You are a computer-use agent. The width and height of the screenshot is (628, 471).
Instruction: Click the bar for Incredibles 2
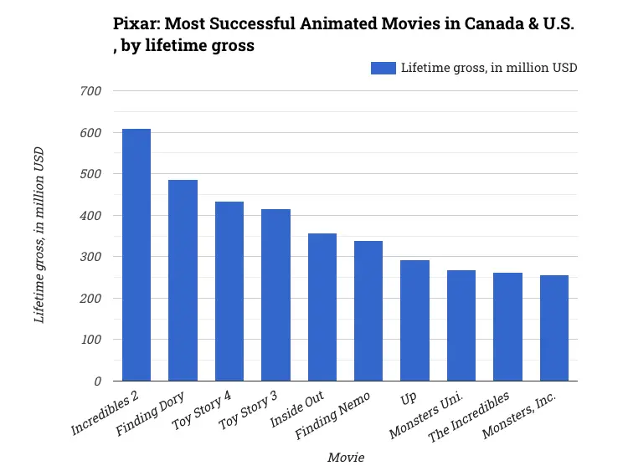[x=136, y=255]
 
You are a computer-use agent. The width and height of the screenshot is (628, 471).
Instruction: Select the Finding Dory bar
[x=183, y=280]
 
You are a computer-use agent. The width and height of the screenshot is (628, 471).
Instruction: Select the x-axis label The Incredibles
[x=469, y=416]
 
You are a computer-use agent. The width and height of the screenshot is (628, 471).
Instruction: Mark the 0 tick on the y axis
[x=97, y=381]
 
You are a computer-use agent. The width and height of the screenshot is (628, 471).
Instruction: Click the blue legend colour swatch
[x=383, y=68]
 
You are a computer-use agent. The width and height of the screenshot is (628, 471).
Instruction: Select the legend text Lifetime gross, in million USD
[x=489, y=68]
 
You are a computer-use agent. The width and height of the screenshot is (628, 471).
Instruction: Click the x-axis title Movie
[x=346, y=458]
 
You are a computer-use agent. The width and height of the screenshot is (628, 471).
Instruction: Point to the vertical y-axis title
[x=39, y=234]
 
